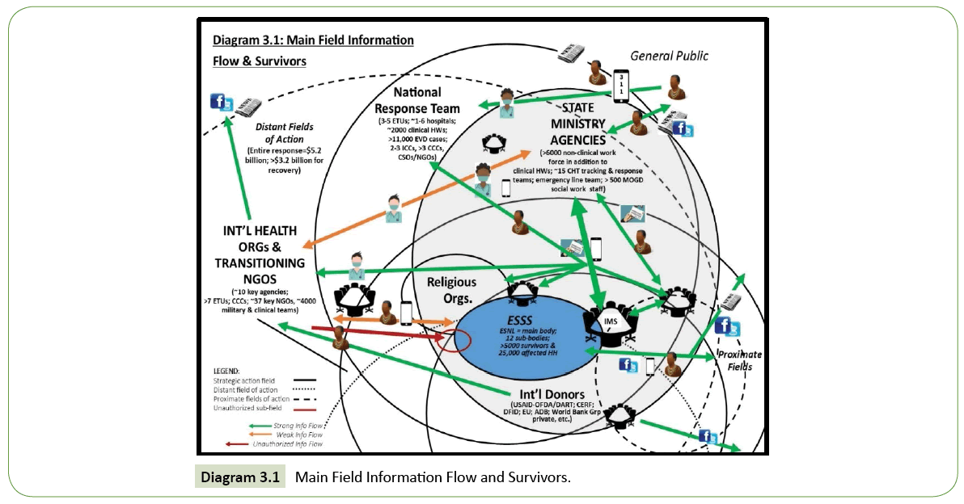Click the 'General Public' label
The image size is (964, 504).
[669, 56]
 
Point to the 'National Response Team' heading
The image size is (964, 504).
[417, 100]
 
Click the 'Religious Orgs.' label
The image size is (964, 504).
[452, 289]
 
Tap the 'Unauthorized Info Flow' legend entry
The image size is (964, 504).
[287, 443]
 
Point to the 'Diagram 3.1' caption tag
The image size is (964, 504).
[241, 477]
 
